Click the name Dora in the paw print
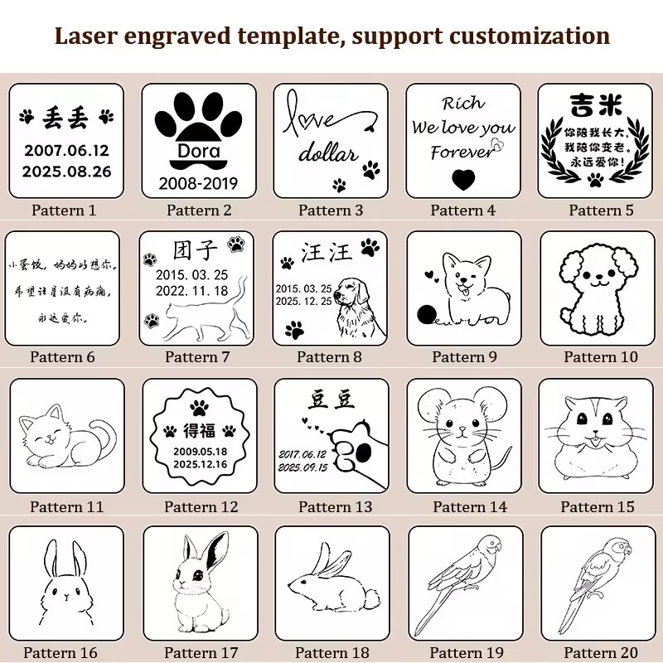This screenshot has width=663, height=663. pyautogui.click(x=198, y=152)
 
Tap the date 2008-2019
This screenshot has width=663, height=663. pyautogui.click(x=198, y=183)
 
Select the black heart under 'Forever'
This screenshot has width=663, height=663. pyautogui.click(x=463, y=178)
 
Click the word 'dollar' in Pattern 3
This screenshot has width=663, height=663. pyautogui.click(x=327, y=153)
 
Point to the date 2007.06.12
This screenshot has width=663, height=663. pyautogui.click(x=66, y=150)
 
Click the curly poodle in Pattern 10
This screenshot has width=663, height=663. pyautogui.click(x=596, y=290)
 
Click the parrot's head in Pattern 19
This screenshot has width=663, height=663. pyautogui.click(x=491, y=547)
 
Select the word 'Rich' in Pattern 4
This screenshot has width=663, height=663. pyautogui.click(x=462, y=104)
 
